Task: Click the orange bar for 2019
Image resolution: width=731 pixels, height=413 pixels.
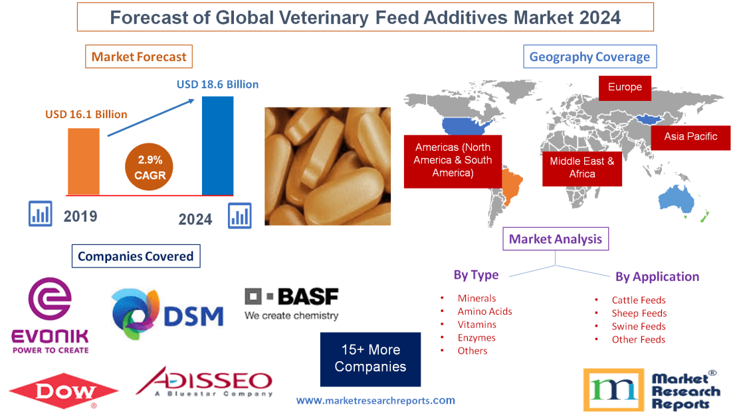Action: click(84, 161)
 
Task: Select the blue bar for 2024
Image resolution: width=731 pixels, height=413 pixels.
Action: click(217, 145)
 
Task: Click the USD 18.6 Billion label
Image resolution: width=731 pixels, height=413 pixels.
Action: click(217, 84)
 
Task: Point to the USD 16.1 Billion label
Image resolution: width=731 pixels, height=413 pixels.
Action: click(86, 114)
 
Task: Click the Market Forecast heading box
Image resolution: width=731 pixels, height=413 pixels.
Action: click(139, 56)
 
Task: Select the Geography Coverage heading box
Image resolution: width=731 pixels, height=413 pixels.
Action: click(589, 56)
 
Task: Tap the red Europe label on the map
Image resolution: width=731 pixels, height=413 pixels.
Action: click(625, 87)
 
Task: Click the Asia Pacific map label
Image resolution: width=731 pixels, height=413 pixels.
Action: click(690, 136)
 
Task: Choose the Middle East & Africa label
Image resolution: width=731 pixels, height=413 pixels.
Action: click(582, 167)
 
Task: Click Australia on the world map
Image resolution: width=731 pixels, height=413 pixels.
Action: click(676, 200)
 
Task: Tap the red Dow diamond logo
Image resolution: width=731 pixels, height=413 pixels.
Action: click(64, 392)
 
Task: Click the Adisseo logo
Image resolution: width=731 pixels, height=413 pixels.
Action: click(204, 381)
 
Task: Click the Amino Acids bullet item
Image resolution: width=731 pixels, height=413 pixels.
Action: click(484, 311)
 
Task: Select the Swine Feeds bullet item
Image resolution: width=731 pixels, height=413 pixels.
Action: click(638, 326)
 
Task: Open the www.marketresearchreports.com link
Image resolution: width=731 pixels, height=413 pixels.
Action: click(375, 400)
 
